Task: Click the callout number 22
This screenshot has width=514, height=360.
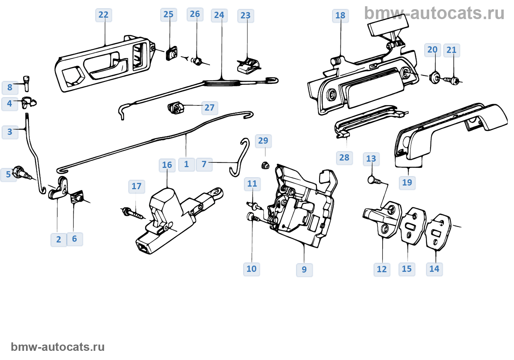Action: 104,15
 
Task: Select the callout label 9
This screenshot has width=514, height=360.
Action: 304,270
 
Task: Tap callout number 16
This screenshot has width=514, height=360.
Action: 167,165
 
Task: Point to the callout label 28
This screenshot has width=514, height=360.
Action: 344,158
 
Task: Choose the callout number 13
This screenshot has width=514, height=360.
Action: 371,159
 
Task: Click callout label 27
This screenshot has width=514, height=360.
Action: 210,108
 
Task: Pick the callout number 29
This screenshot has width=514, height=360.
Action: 263,141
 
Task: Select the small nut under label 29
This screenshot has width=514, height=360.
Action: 265,166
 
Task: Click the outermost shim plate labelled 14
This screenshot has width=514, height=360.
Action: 438,231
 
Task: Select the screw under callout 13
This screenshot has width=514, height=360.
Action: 373,180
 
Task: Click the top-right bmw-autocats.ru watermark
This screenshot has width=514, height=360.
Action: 434,13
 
